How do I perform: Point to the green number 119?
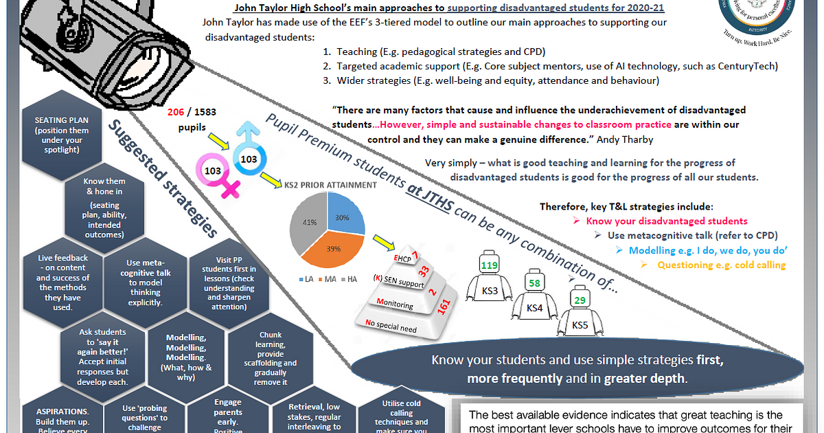tap(490, 265)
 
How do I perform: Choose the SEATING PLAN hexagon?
tap(61, 135)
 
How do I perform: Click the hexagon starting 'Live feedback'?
tap(62, 282)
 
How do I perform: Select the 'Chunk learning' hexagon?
tap(270, 358)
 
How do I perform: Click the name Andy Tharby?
tap(632, 139)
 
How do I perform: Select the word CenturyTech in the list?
tap(752, 66)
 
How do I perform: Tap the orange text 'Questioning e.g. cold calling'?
tap(721, 265)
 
